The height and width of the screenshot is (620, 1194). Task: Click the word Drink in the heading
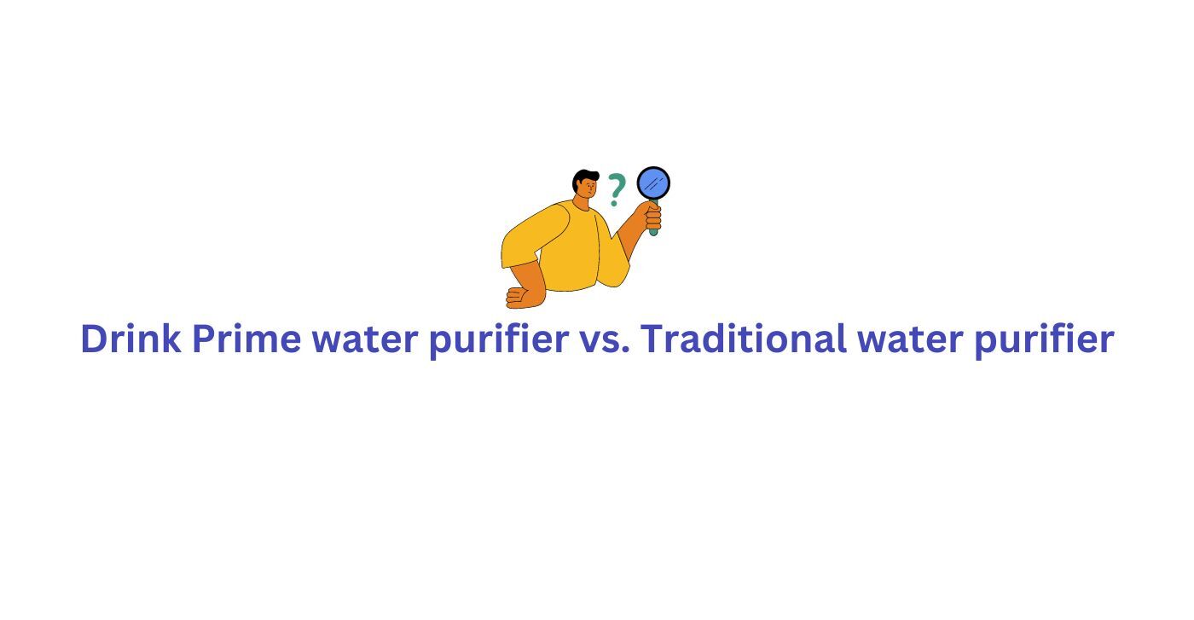(x=130, y=339)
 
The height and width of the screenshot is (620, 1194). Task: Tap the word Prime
(x=246, y=339)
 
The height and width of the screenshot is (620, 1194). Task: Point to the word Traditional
(x=743, y=339)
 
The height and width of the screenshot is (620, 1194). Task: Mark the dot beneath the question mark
(x=614, y=203)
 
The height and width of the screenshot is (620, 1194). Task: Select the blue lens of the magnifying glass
(x=653, y=183)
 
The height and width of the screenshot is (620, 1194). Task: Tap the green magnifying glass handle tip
(x=653, y=233)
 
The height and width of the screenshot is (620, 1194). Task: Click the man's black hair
(x=583, y=178)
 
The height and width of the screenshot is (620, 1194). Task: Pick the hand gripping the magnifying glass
(x=652, y=217)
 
